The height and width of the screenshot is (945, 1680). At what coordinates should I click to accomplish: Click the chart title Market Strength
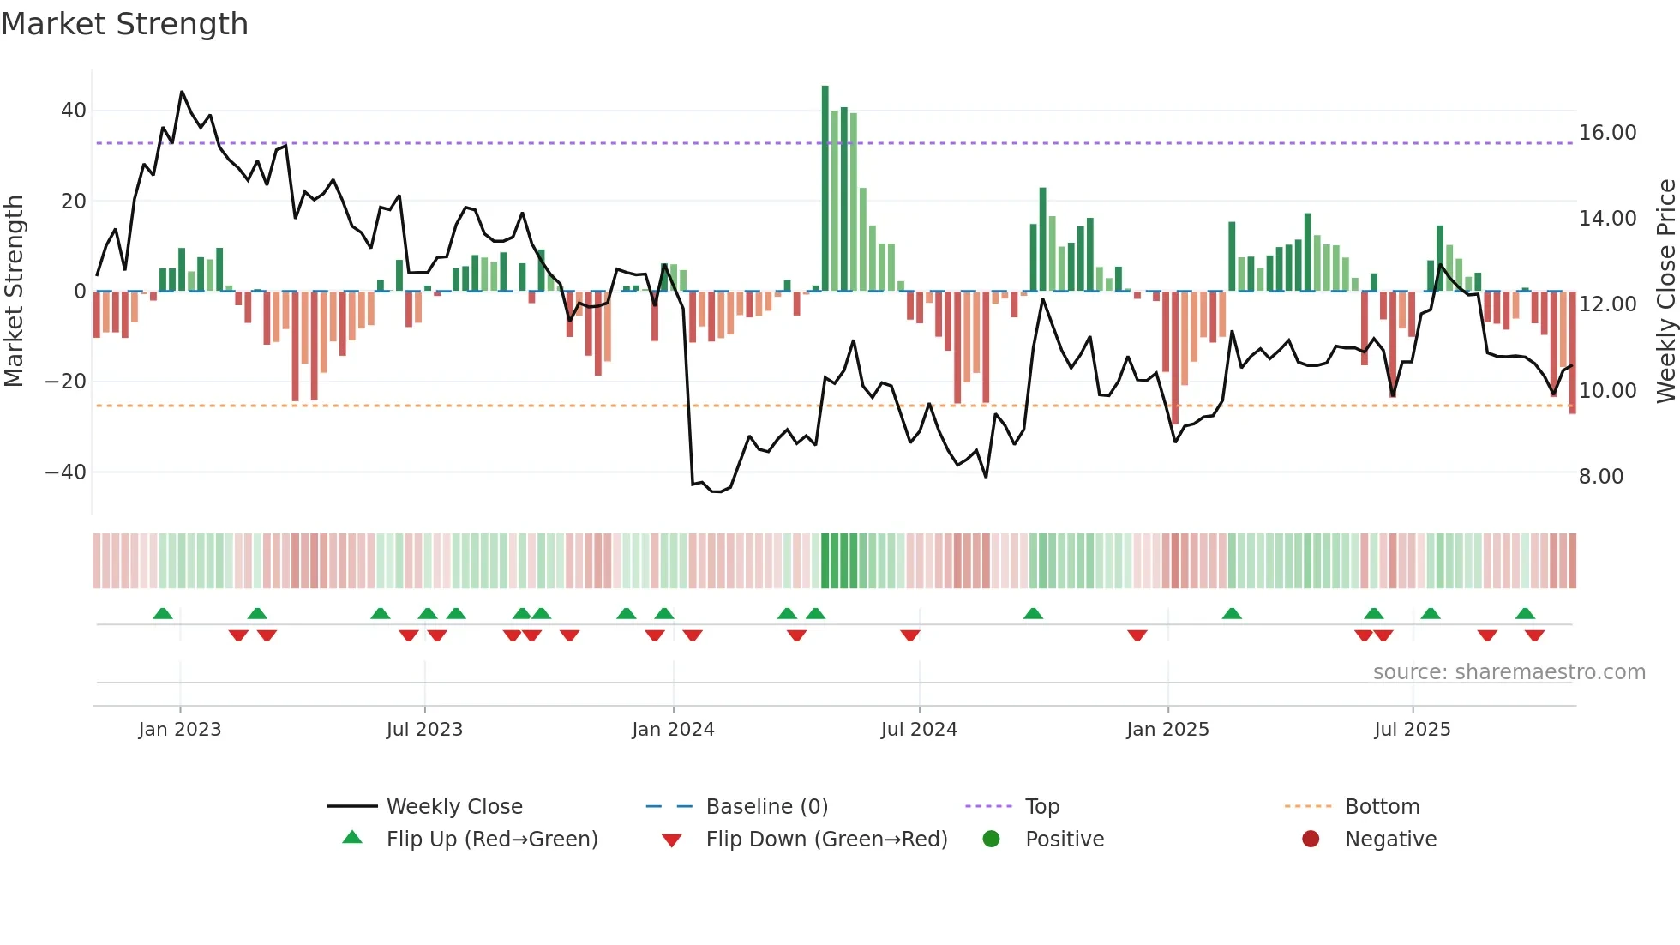[124, 24]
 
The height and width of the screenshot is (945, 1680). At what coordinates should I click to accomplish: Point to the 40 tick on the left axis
[73, 111]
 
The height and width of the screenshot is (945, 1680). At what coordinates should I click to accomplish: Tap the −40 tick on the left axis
[65, 472]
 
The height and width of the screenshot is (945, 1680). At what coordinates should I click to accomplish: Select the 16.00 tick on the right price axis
[1607, 133]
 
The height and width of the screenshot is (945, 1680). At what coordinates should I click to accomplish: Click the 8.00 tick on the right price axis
[1600, 477]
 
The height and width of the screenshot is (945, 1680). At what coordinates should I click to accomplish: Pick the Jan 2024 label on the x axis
[673, 730]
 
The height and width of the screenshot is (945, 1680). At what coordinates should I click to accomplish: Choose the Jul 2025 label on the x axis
[1412, 730]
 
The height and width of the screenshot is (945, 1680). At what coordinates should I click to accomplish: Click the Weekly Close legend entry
[453, 807]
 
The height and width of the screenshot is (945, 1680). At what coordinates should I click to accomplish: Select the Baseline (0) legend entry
[766, 807]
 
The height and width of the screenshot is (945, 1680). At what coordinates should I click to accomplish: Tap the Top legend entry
[1041, 807]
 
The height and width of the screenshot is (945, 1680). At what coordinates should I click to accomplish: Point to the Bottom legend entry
[1382, 807]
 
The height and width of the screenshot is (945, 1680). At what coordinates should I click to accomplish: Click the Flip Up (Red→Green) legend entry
[491, 840]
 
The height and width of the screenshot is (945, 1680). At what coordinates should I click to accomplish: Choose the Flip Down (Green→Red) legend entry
[826, 840]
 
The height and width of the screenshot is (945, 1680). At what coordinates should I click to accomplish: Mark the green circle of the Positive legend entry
[991, 840]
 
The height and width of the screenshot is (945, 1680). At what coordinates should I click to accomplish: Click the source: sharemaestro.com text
[1509, 672]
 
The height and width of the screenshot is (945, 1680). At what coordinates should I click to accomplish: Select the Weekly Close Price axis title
[1665, 291]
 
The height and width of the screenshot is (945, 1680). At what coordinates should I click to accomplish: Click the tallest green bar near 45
[825, 189]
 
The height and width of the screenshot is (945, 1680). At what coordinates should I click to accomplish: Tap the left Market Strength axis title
[14, 291]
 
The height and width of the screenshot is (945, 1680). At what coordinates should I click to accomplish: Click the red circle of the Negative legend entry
[1310, 840]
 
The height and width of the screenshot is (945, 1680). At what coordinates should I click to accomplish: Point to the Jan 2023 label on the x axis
[179, 730]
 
